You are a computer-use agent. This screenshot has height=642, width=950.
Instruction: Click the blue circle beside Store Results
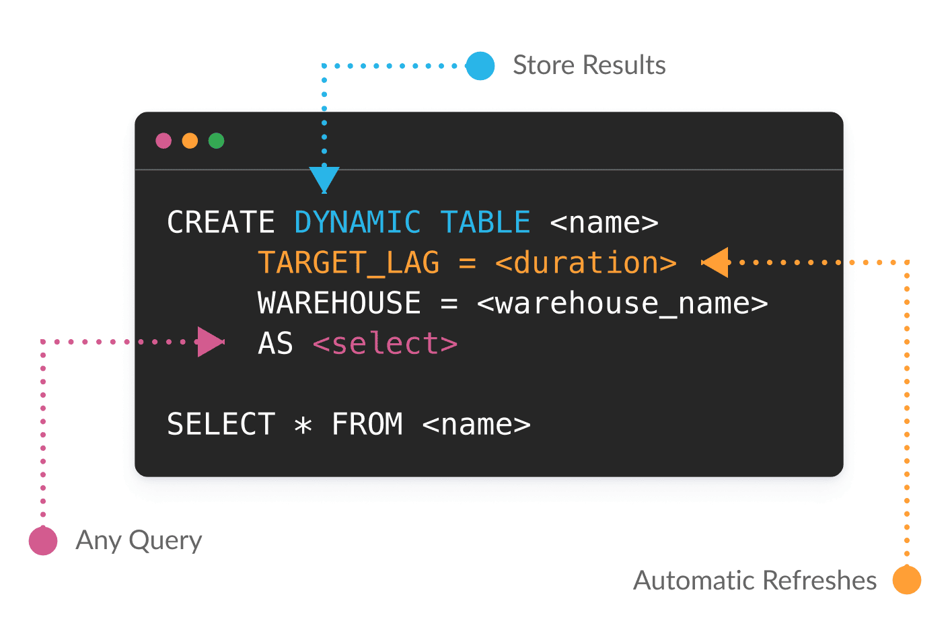click(480, 66)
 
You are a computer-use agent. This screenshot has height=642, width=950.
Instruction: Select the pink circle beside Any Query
click(43, 540)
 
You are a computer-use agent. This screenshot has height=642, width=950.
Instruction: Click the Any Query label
click(139, 540)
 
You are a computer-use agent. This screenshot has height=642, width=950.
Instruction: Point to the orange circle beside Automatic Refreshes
click(907, 579)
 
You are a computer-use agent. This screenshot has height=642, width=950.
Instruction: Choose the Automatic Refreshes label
click(755, 580)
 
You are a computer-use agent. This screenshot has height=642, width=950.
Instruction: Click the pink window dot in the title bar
click(163, 141)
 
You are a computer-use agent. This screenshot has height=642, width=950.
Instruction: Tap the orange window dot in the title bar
click(190, 141)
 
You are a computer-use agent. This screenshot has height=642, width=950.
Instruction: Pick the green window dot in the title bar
click(216, 141)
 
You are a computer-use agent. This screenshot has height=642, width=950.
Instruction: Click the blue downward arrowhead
click(324, 179)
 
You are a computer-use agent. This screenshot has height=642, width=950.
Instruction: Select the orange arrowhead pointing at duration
click(715, 262)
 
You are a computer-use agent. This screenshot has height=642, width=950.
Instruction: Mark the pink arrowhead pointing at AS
click(211, 342)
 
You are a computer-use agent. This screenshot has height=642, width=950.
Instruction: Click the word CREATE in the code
click(221, 222)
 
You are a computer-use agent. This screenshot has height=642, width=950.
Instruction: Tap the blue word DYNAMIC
click(357, 222)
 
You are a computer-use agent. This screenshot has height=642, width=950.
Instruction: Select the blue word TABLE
click(485, 222)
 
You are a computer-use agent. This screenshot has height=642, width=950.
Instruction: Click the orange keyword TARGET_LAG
click(349, 262)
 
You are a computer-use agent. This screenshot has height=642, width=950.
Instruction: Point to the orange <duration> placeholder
click(586, 262)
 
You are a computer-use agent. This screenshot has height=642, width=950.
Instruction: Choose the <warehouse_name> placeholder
click(622, 303)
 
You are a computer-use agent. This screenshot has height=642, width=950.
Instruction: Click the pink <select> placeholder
click(385, 343)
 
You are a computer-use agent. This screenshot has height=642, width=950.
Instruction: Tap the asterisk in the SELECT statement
click(303, 425)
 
